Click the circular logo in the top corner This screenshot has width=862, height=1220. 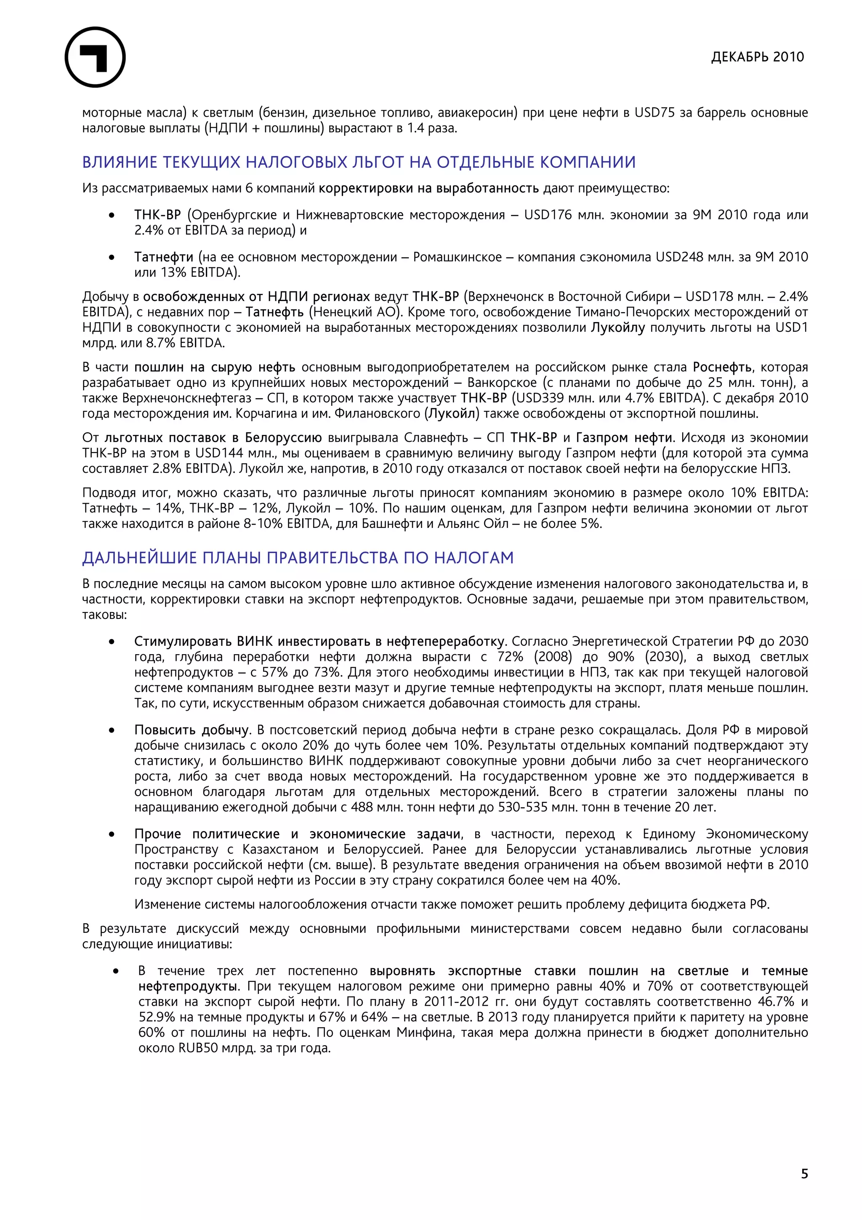click(95, 57)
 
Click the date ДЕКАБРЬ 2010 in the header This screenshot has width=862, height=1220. click(757, 57)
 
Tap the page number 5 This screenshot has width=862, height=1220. click(804, 1173)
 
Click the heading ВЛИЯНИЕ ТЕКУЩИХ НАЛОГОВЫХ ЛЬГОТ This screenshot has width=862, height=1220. click(359, 162)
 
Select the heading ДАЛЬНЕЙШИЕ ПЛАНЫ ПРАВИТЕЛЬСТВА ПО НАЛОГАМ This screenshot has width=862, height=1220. click(298, 557)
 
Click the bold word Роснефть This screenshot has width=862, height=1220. click(722, 367)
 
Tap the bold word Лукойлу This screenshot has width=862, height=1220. click(618, 328)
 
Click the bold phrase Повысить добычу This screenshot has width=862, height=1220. click(192, 730)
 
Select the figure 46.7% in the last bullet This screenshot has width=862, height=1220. click(775, 1002)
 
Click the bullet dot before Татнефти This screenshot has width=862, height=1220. click(112, 258)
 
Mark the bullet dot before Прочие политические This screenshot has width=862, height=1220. click(112, 834)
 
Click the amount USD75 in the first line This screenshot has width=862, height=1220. click(655, 113)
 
